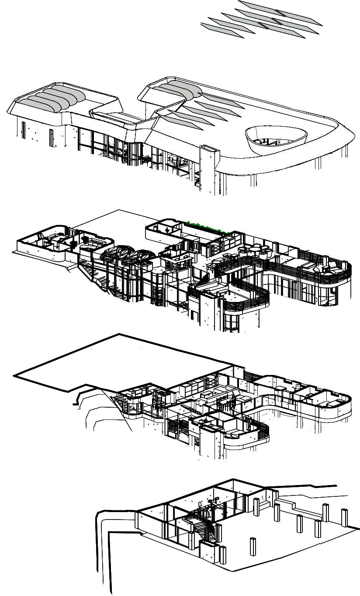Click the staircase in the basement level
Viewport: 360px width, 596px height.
[x=199, y=527]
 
